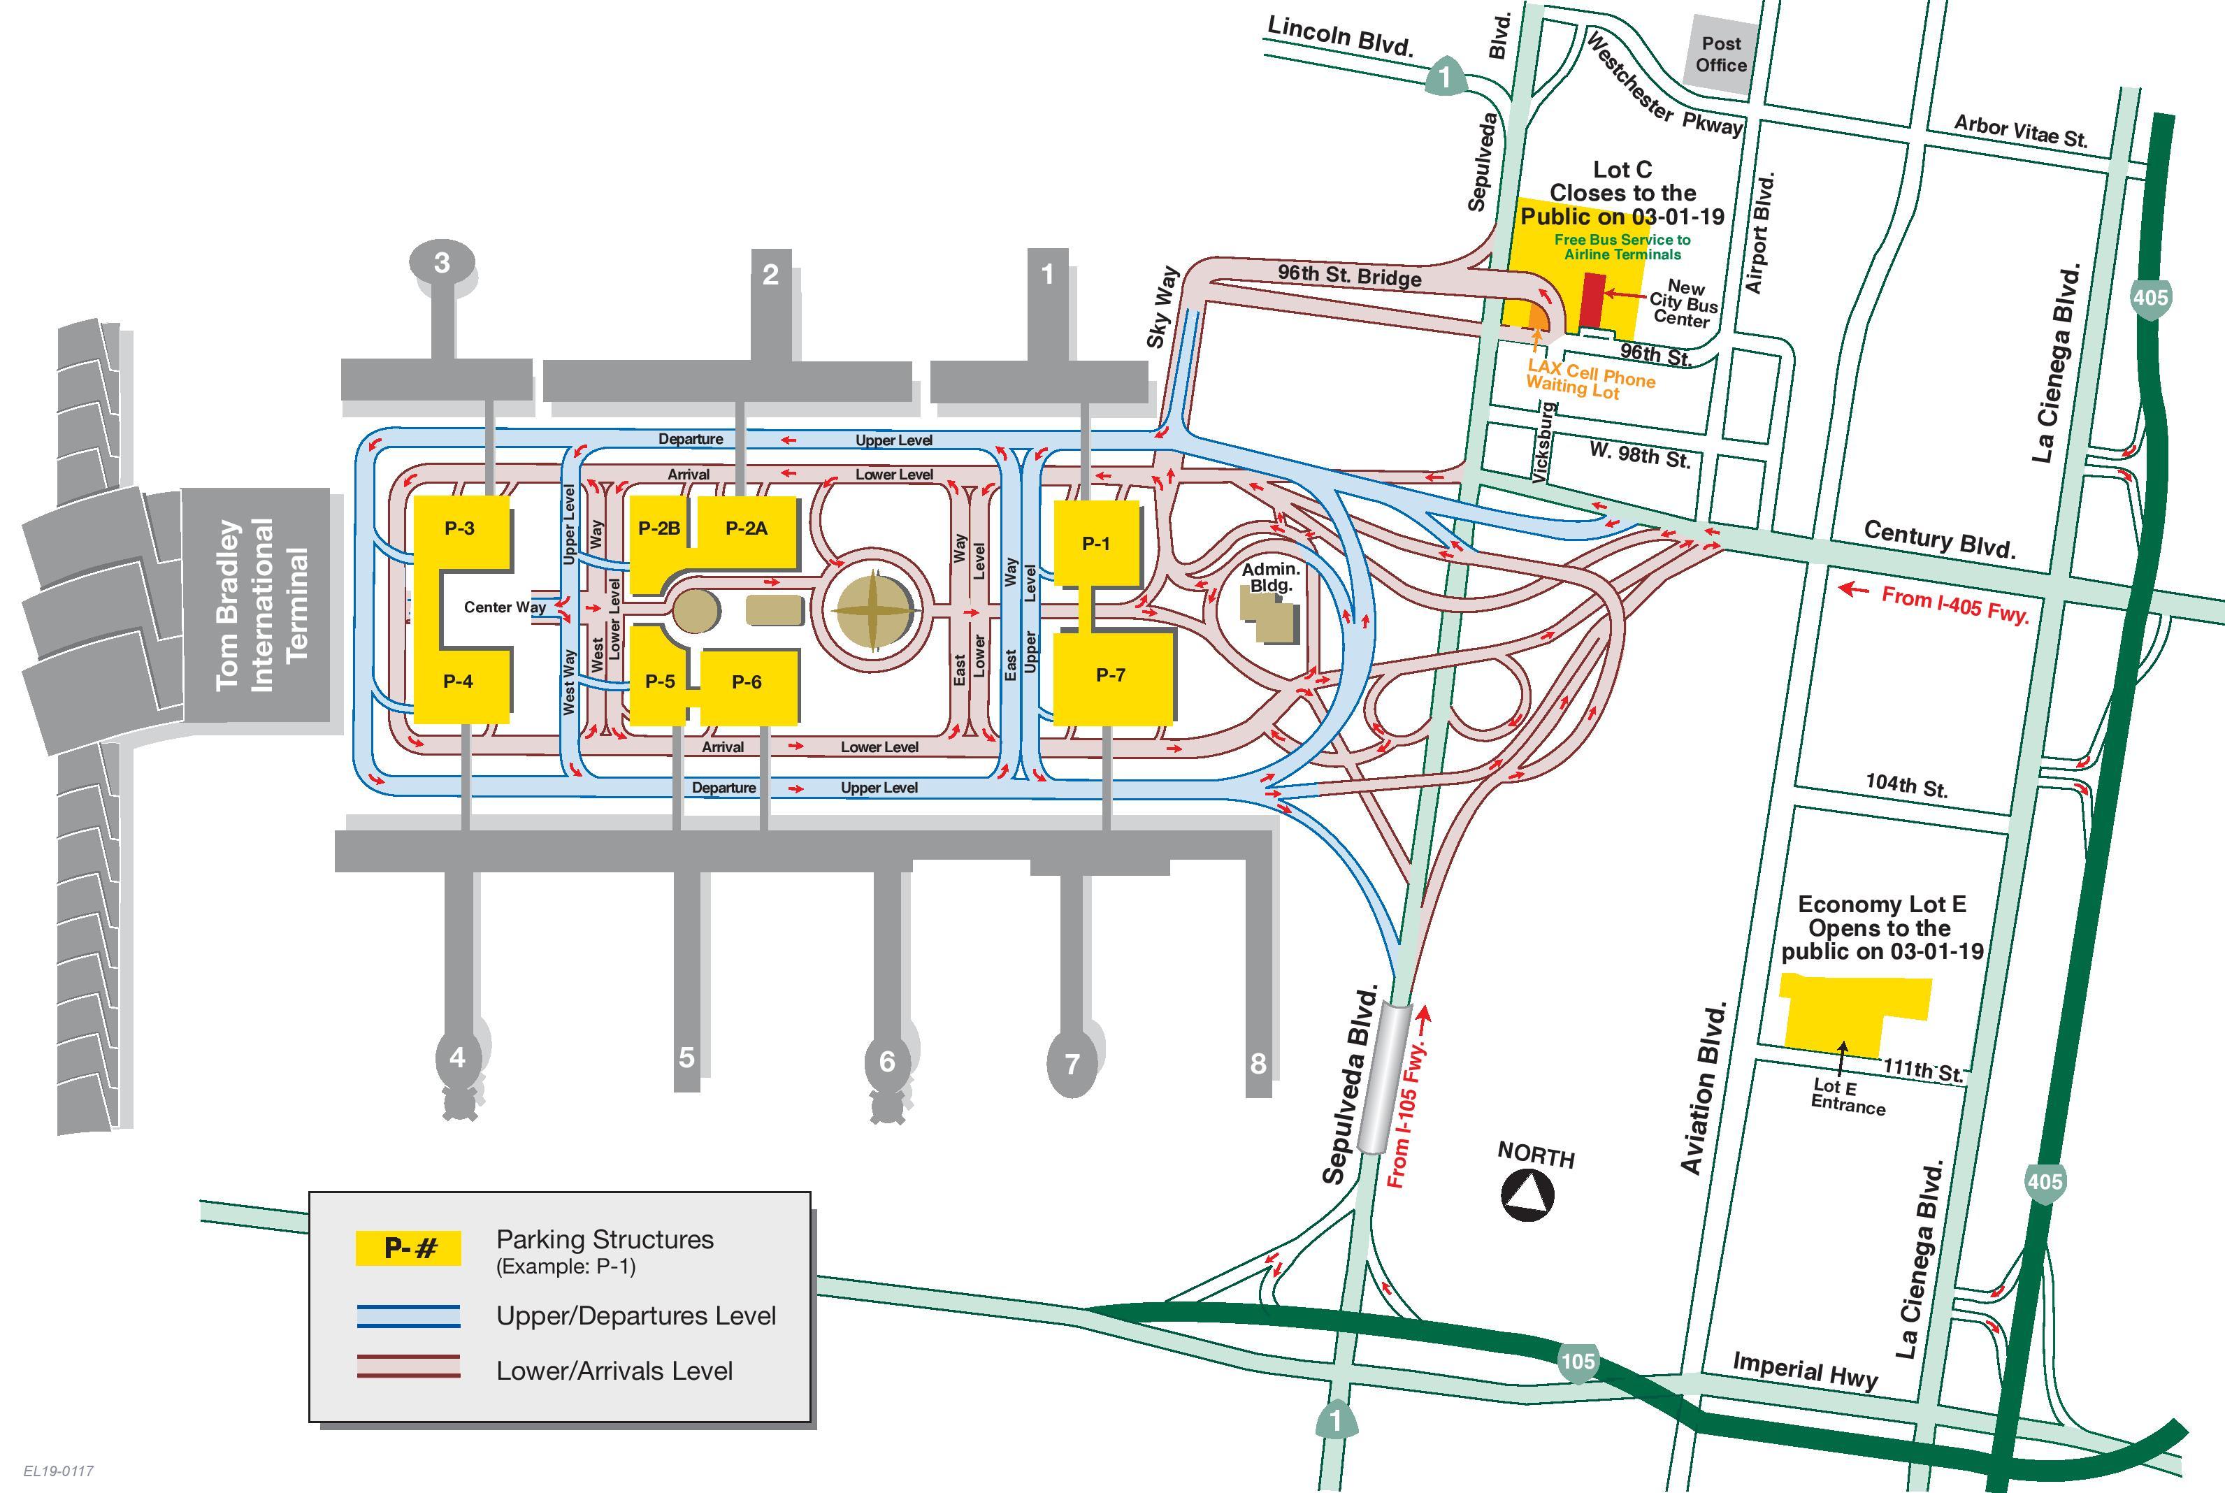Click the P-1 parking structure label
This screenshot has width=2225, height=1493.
[1096, 544]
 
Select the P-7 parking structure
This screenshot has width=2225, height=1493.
[1112, 679]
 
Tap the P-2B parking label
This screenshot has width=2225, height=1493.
[659, 528]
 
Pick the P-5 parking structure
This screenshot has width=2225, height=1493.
[659, 675]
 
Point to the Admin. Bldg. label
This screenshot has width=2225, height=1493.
[1271, 577]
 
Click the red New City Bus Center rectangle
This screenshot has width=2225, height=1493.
[1593, 301]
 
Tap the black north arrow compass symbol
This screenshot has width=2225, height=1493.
[1528, 1196]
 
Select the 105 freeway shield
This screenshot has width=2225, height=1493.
[1578, 1362]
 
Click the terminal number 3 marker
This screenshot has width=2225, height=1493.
[442, 262]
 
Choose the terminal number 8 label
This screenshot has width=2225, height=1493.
[1258, 1064]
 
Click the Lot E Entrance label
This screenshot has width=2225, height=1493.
[1847, 1097]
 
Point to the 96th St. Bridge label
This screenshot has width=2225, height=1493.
[1350, 275]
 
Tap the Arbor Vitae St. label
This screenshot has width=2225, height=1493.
[2020, 131]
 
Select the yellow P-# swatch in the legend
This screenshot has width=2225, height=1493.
[408, 1248]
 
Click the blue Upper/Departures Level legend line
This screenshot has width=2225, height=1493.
[408, 1316]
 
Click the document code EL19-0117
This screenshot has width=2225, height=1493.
[59, 1471]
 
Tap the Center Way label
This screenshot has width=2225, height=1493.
[505, 607]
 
